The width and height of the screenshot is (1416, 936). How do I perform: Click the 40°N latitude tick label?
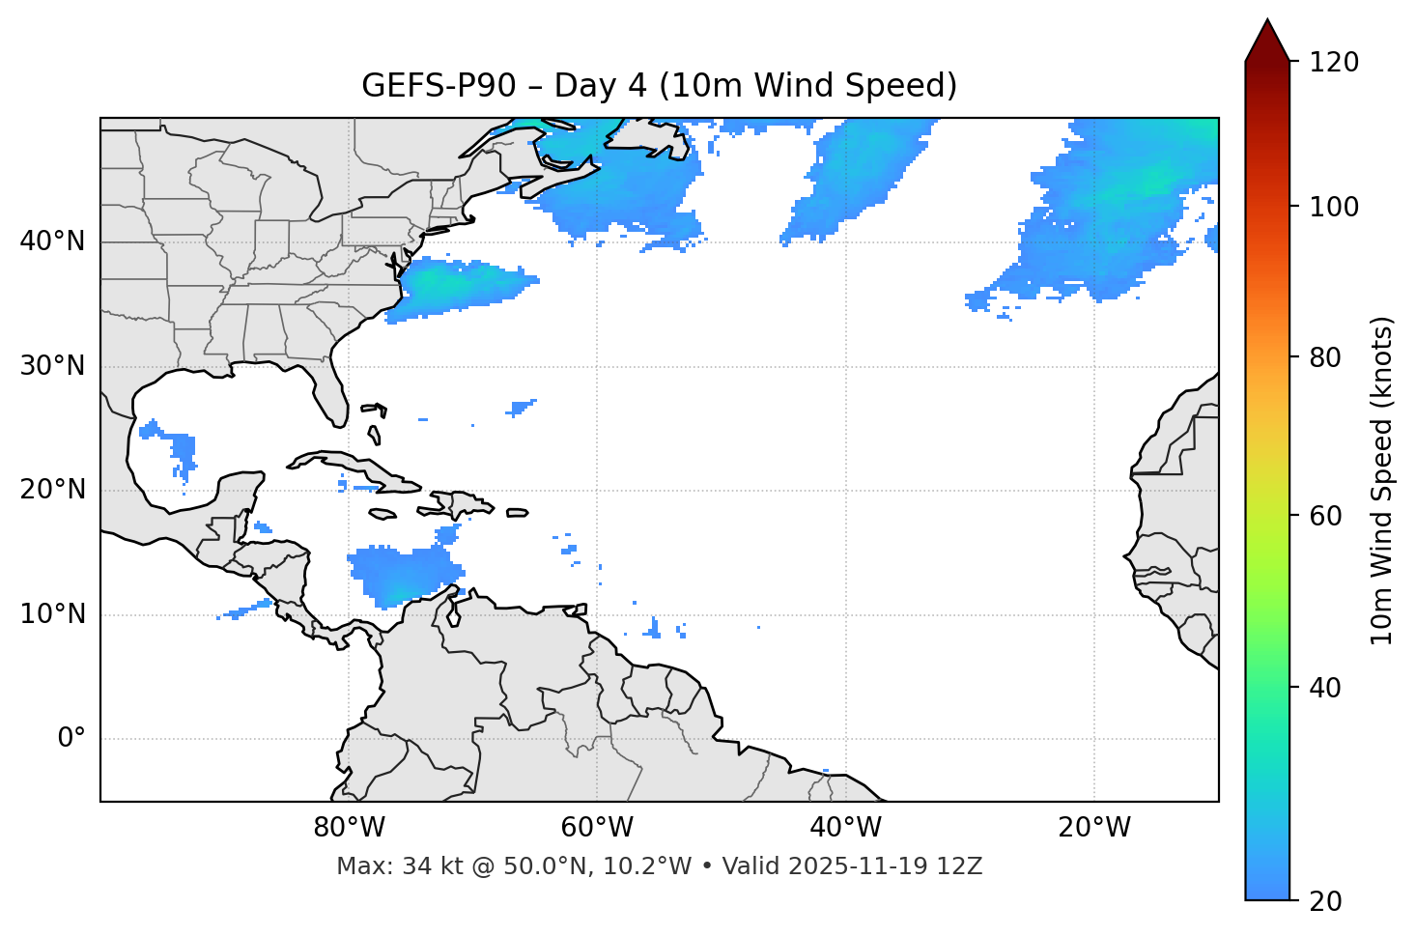click(52, 241)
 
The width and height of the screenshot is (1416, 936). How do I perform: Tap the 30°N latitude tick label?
click(52, 366)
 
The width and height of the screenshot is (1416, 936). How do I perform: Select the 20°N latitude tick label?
click(52, 490)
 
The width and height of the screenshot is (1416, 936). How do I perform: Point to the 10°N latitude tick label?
click(52, 614)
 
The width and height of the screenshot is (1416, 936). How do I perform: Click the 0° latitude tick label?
click(71, 739)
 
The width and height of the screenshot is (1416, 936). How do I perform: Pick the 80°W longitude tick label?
click(349, 828)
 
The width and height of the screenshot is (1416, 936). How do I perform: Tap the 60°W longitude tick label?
click(597, 828)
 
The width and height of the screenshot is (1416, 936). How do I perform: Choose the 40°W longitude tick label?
click(845, 828)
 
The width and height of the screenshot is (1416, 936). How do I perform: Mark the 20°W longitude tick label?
click(1093, 828)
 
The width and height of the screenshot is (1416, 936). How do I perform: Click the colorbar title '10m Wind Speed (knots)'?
click(1382, 480)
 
